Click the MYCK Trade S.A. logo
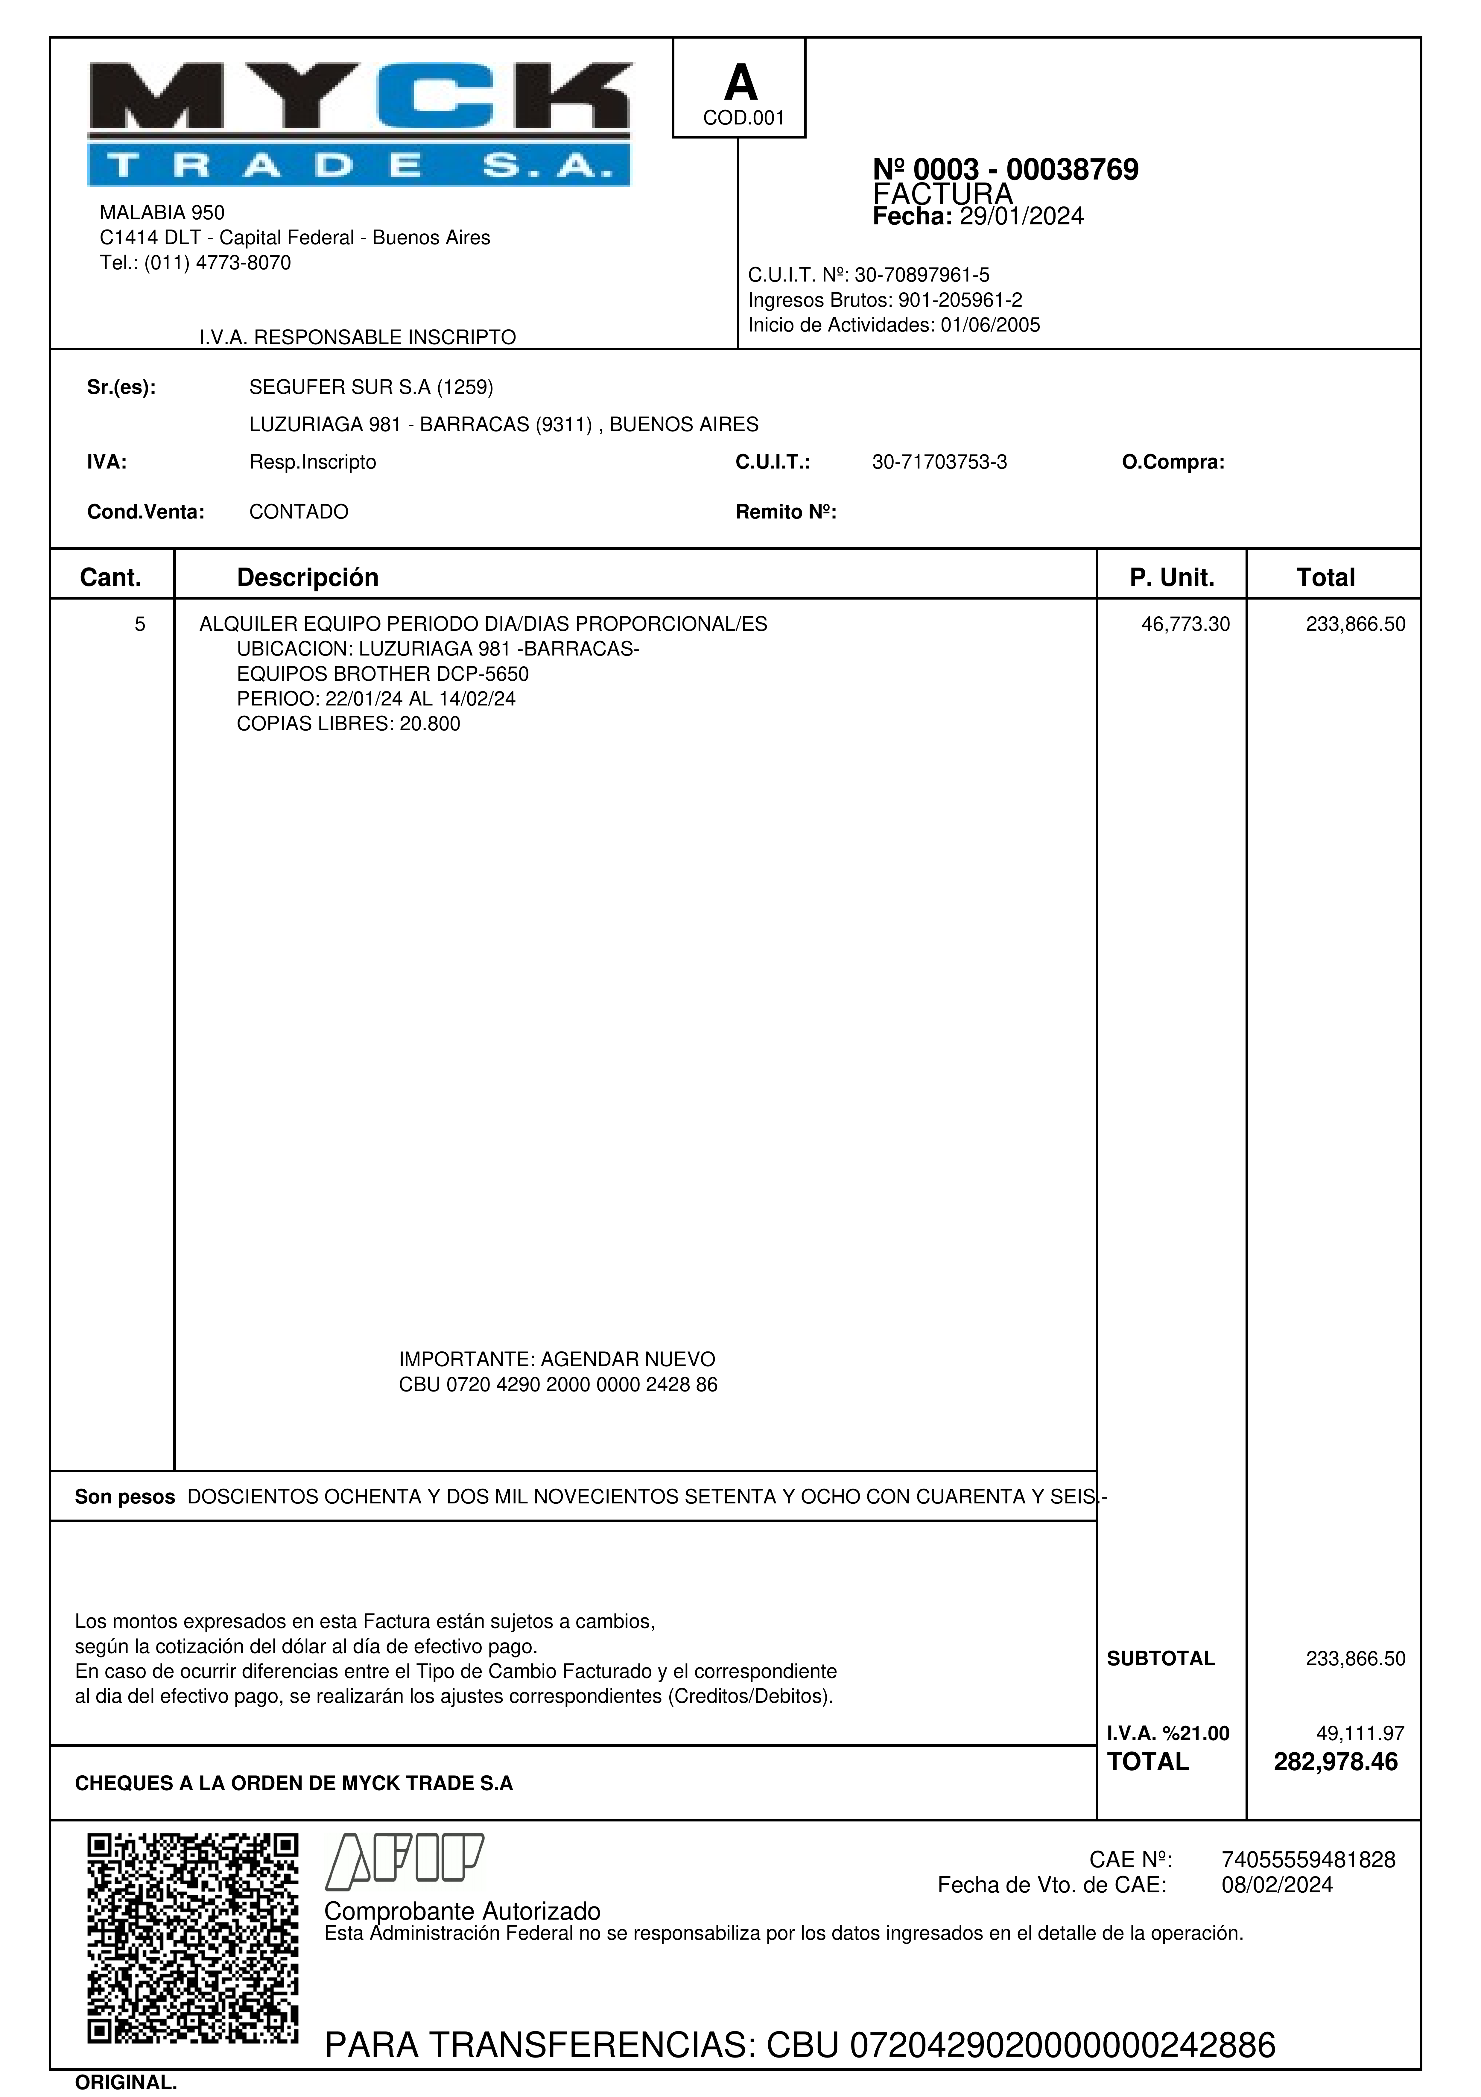(359, 124)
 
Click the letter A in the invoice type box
(740, 84)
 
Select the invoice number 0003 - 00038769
(1005, 170)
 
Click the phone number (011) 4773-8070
(217, 263)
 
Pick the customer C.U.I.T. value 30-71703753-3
(939, 462)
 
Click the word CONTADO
(299, 512)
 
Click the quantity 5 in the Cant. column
(140, 625)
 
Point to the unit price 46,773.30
(1185, 625)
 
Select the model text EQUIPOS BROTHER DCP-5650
(383, 674)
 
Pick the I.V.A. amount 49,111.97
(1360, 1733)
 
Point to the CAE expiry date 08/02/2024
(1276, 1885)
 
